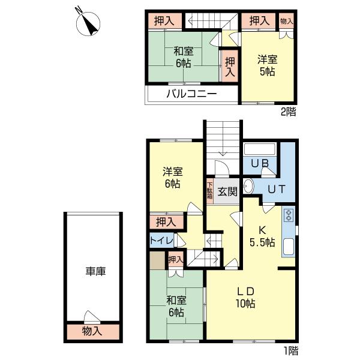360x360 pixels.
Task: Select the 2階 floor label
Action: pyautogui.click(x=289, y=111)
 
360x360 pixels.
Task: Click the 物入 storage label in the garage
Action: pyautogui.click(x=92, y=331)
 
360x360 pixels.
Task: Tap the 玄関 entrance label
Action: pyautogui.click(x=227, y=192)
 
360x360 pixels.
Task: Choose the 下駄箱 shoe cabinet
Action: pyautogui.click(x=209, y=191)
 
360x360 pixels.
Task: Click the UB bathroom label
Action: pyautogui.click(x=259, y=163)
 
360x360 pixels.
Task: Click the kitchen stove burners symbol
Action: pyautogui.click(x=289, y=215)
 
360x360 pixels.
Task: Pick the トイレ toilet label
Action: pyautogui.click(x=161, y=241)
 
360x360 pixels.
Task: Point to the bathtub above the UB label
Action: pyautogui.click(x=260, y=148)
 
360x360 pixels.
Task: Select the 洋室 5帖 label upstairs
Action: pyautogui.click(x=267, y=65)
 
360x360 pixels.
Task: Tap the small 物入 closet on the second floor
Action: pyautogui.click(x=287, y=20)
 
